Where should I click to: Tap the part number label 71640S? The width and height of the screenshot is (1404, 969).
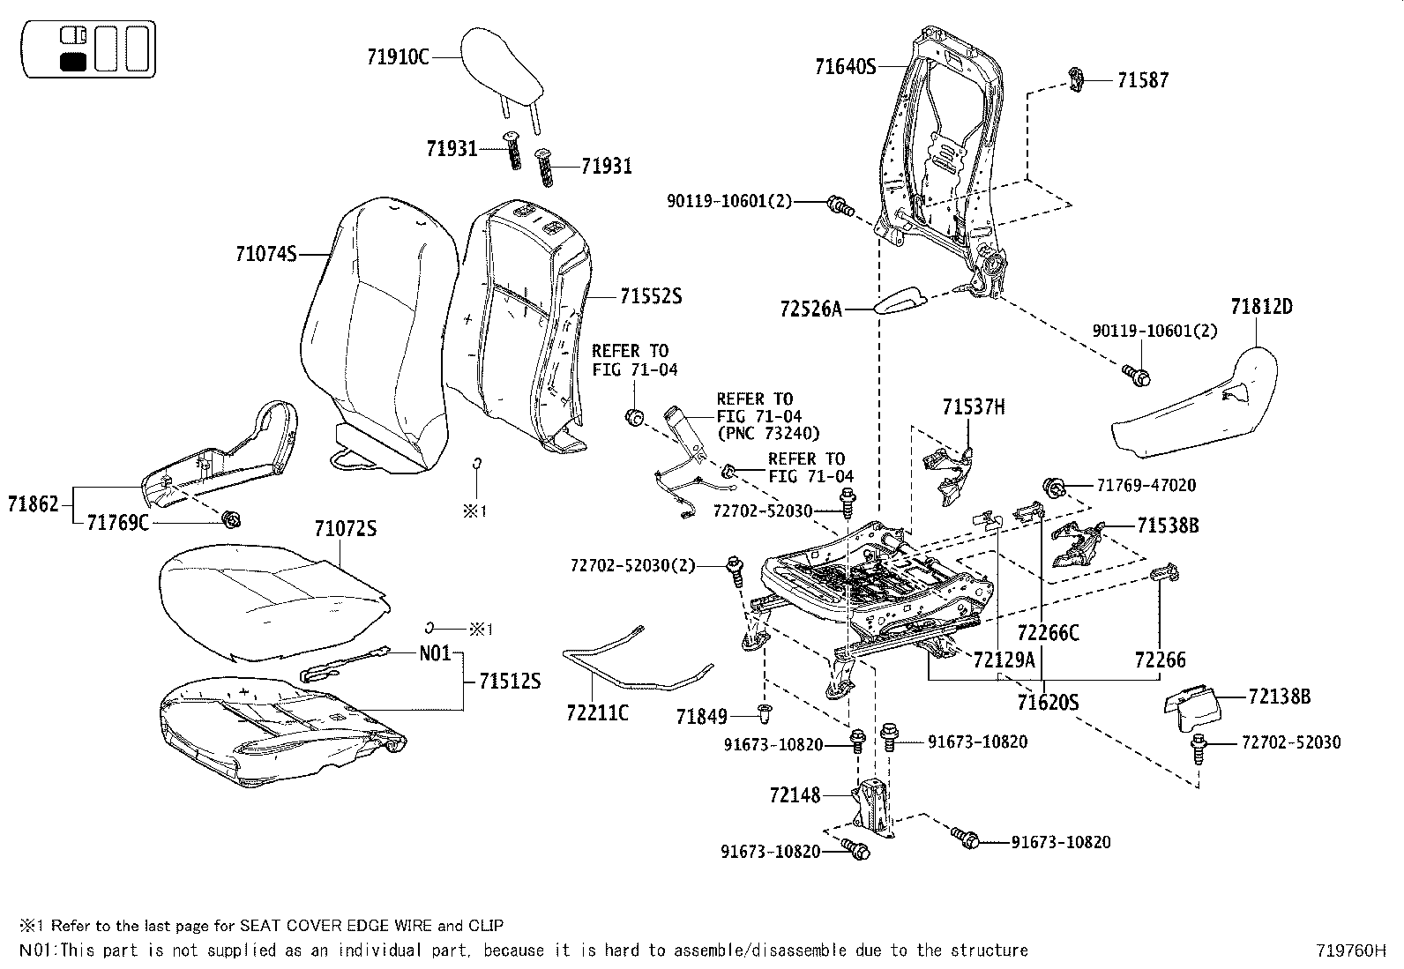845,66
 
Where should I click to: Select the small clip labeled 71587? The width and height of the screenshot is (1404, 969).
1078,79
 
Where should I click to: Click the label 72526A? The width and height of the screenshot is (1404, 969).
811,309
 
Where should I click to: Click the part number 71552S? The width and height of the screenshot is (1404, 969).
651,296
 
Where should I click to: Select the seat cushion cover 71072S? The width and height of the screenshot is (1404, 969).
273,600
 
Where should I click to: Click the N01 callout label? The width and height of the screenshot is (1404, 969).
435,653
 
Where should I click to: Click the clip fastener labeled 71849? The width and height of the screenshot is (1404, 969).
765,710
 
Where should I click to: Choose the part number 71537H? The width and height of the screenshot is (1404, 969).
973,407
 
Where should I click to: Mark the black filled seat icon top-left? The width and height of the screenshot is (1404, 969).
72,62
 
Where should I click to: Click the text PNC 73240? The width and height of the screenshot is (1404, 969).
768,433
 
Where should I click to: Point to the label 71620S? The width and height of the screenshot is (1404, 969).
1048,702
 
